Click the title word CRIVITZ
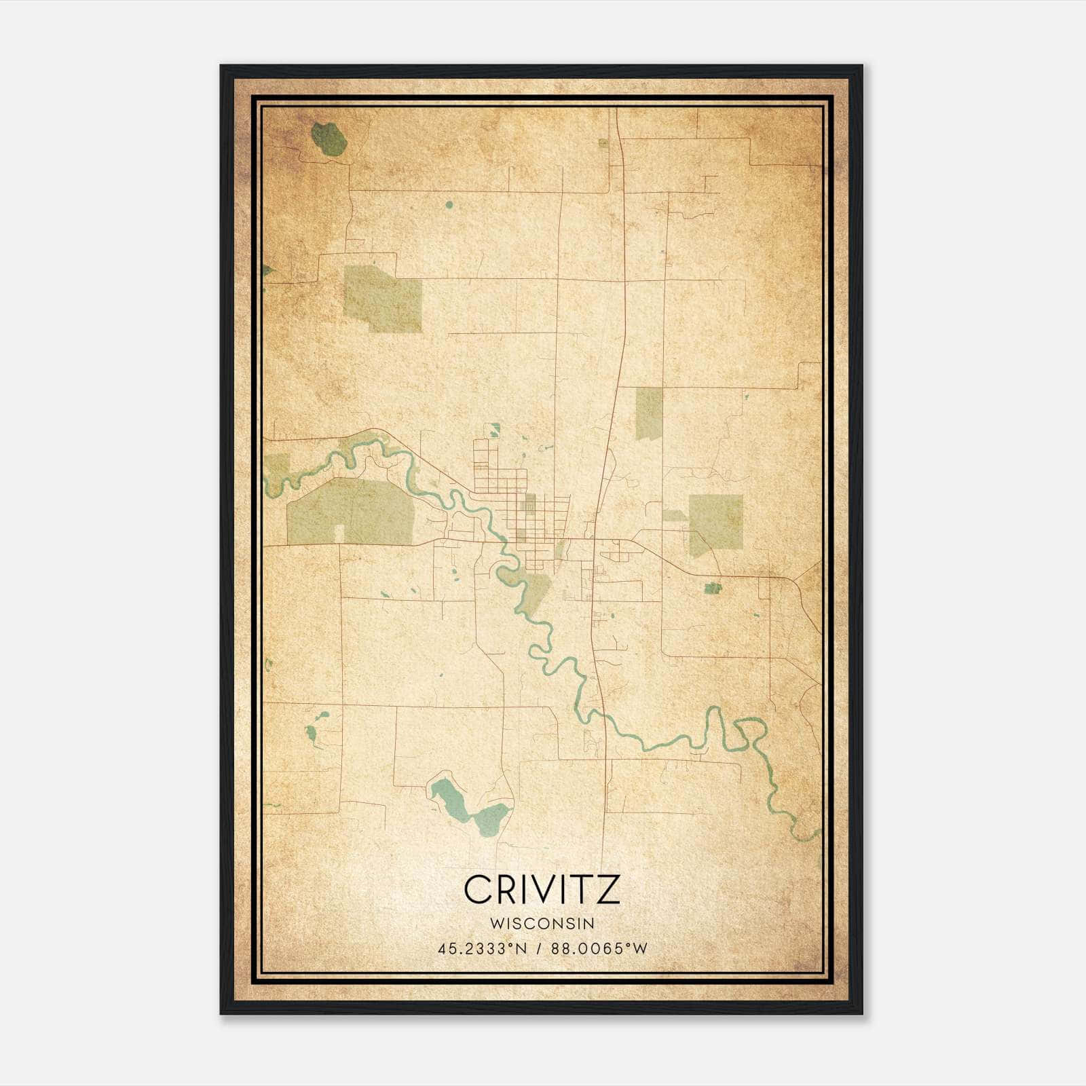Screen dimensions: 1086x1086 [542, 890]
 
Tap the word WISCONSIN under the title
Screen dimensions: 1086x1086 [542, 923]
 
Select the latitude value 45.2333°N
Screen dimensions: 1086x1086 [482, 949]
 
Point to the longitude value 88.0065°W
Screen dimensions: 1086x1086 [599, 949]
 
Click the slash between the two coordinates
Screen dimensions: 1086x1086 [539, 949]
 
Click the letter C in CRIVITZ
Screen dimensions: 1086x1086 [477, 890]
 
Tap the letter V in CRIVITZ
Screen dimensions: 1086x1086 [548, 890]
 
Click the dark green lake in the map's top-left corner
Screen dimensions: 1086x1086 [329, 139]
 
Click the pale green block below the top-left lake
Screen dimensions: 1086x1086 [382, 299]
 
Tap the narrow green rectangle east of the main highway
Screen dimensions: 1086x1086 [649, 413]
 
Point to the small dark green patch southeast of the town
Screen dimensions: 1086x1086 [712, 588]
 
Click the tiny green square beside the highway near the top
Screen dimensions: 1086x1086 [603, 143]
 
